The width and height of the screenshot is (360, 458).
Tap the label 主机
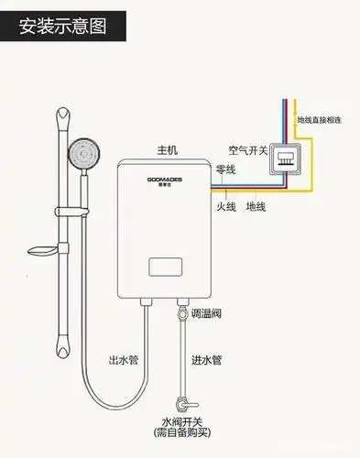click(x=168, y=147)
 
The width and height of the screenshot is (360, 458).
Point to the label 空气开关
click(x=247, y=149)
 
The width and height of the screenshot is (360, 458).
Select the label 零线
click(x=225, y=170)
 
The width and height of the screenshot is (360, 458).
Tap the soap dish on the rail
click(x=43, y=250)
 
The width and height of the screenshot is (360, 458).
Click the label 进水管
click(x=205, y=361)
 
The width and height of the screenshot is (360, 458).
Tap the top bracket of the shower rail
click(x=63, y=118)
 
